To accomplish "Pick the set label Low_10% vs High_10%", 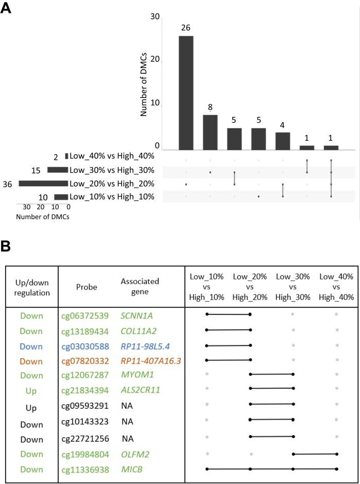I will tap(112, 196).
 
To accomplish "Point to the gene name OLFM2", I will tap(133, 454).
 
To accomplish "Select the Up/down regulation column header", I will tap(31, 287).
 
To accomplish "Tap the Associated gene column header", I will tap(140, 287).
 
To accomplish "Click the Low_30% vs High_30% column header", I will tap(293, 287).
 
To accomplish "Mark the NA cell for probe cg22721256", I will tap(127, 438).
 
